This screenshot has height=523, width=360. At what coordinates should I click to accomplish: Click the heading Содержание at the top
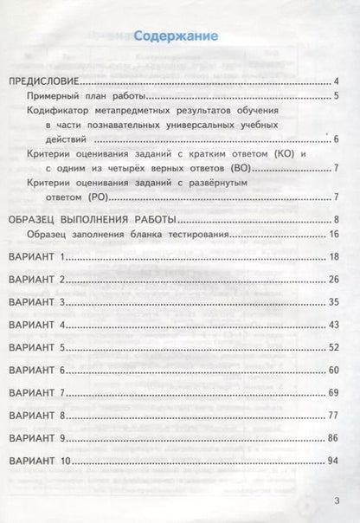tap(180, 37)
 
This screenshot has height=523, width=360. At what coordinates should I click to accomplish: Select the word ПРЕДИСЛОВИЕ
tap(46, 81)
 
